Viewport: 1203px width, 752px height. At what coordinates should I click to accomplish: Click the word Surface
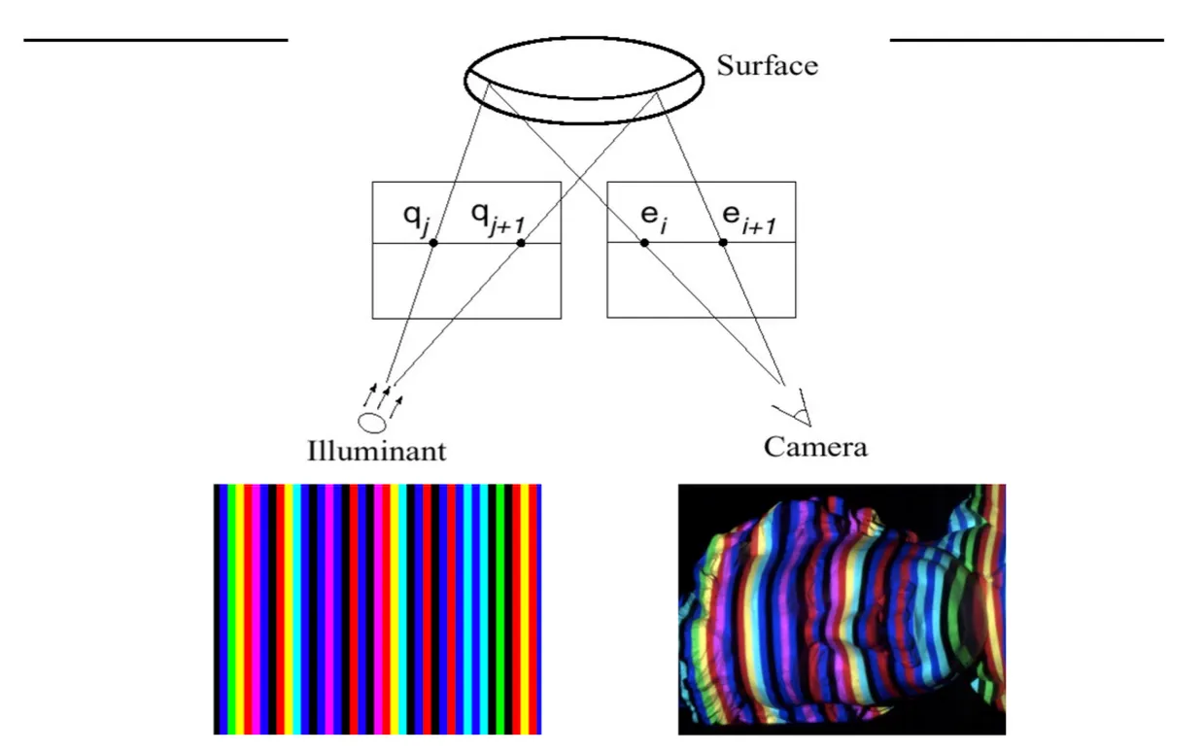pos(767,66)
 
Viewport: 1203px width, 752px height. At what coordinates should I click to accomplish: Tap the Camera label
pos(814,447)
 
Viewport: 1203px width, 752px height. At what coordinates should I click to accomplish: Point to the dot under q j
pos(433,242)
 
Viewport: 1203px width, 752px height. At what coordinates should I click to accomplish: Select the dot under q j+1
pos(521,242)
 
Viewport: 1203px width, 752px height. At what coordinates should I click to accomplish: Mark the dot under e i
pos(644,242)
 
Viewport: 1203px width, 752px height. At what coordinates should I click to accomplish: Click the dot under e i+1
pos(723,242)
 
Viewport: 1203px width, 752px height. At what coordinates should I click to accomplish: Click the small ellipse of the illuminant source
pos(372,423)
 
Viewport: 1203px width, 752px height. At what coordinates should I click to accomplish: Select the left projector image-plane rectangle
pos(466,282)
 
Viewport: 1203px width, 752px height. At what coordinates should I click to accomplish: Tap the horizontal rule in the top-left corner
pos(155,40)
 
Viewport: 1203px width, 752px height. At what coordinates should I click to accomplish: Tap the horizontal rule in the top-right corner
pos(1026,40)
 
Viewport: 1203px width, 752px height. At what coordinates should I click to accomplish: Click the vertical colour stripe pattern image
pos(377,609)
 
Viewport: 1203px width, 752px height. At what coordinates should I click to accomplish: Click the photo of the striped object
pos(842,609)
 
